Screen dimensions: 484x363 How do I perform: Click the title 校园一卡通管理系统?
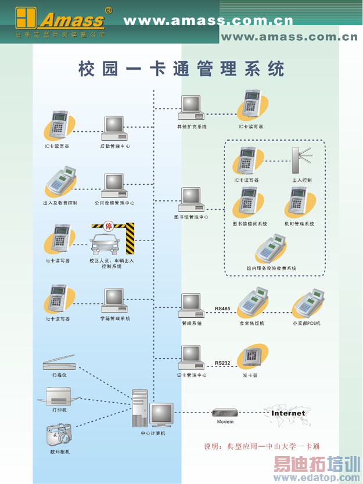(181, 69)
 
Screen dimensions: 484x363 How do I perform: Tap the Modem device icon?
(225, 412)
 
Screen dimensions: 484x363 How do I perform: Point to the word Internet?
(288, 413)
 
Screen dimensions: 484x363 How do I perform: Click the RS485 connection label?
(222, 309)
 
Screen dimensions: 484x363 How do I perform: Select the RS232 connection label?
(222, 363)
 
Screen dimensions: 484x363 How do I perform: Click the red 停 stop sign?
(107, 227)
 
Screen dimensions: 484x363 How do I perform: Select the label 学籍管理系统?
(115, 318)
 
